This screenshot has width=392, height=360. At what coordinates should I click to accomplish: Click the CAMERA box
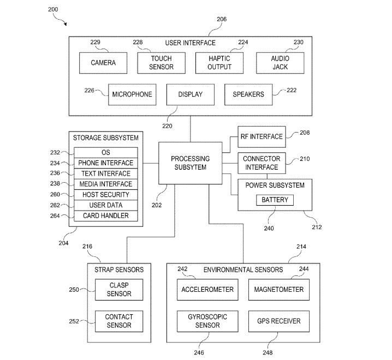[103, 63]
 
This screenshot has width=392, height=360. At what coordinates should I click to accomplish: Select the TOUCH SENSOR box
[161, 63]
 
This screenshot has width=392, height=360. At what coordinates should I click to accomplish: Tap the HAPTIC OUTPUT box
[219, 63]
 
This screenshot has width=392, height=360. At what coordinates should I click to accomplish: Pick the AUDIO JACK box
[281, 63]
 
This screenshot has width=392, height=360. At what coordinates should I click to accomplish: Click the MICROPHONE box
[132, 94]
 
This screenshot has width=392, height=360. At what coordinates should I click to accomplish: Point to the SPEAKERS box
[248, 94]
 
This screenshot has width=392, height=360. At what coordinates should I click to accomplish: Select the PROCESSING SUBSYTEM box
[190, 163]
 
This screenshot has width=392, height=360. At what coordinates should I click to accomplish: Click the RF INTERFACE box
[262, 136]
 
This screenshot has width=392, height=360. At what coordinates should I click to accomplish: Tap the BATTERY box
[275, 200]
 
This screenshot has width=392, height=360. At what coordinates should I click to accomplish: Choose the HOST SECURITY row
[106, 195]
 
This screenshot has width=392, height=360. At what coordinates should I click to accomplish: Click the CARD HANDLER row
[106, 216]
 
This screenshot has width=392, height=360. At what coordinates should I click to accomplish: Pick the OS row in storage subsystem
[106, 153]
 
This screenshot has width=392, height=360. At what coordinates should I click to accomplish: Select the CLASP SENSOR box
[119, 289]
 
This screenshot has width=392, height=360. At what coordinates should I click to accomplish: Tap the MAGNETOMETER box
[278, 289]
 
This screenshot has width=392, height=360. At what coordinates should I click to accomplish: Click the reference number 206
[221, 19]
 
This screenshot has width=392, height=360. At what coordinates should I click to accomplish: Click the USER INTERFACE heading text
[190, 43]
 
